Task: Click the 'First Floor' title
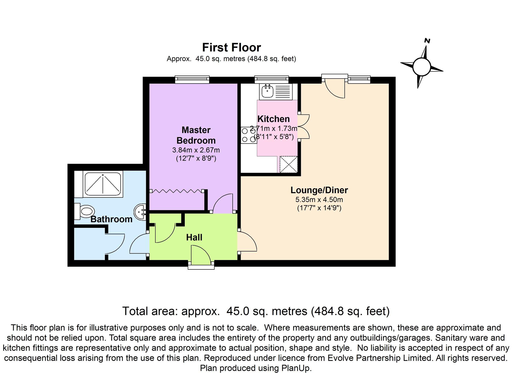pyautogui.click(x=231, y=47)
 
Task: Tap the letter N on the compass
pyautogui.click(x=427, y=41)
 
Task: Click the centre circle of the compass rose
pyautogui.click(x=421, y=67)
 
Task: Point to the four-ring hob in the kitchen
pyautogui.click(x=249, y=135)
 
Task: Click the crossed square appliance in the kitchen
pyautogui.click(x=288, y=164)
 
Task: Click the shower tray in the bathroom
pyautogui.click(x=103, y=183)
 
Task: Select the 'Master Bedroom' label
pyautogui.click(x=196, y=135)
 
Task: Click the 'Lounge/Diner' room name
pyautogui.click(x=319, y=190)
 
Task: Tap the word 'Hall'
pyautogui.click(x=194, y=237)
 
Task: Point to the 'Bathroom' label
pyautogui.click(x=111, y=219)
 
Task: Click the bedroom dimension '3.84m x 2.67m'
pyautogui.click(x=196, y=150)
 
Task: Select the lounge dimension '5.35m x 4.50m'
pyautogui.click(x=319, y=200)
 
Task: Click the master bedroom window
pyautogui.click(x=192, y=80)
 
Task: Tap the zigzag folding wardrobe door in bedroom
pyautogui.click(x=177, y=191)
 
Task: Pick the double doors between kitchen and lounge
pyautogui.click(x=303, y=127)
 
